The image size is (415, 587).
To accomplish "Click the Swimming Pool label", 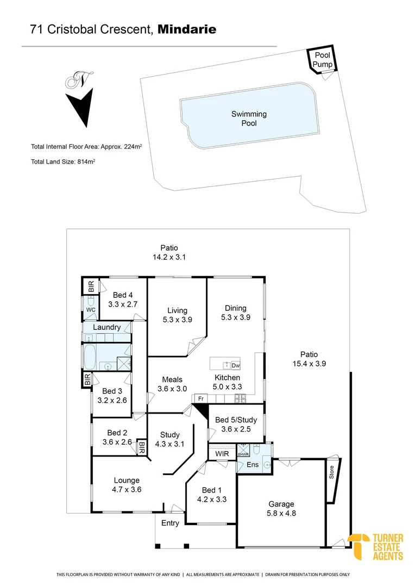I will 249,118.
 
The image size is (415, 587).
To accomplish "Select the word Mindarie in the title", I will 187,30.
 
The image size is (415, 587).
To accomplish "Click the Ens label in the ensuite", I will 253,465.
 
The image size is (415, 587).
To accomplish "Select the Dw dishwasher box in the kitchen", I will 236,366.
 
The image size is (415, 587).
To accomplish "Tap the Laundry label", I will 106,328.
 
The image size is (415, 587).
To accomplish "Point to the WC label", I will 90,309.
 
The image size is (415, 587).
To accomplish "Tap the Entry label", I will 170,523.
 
